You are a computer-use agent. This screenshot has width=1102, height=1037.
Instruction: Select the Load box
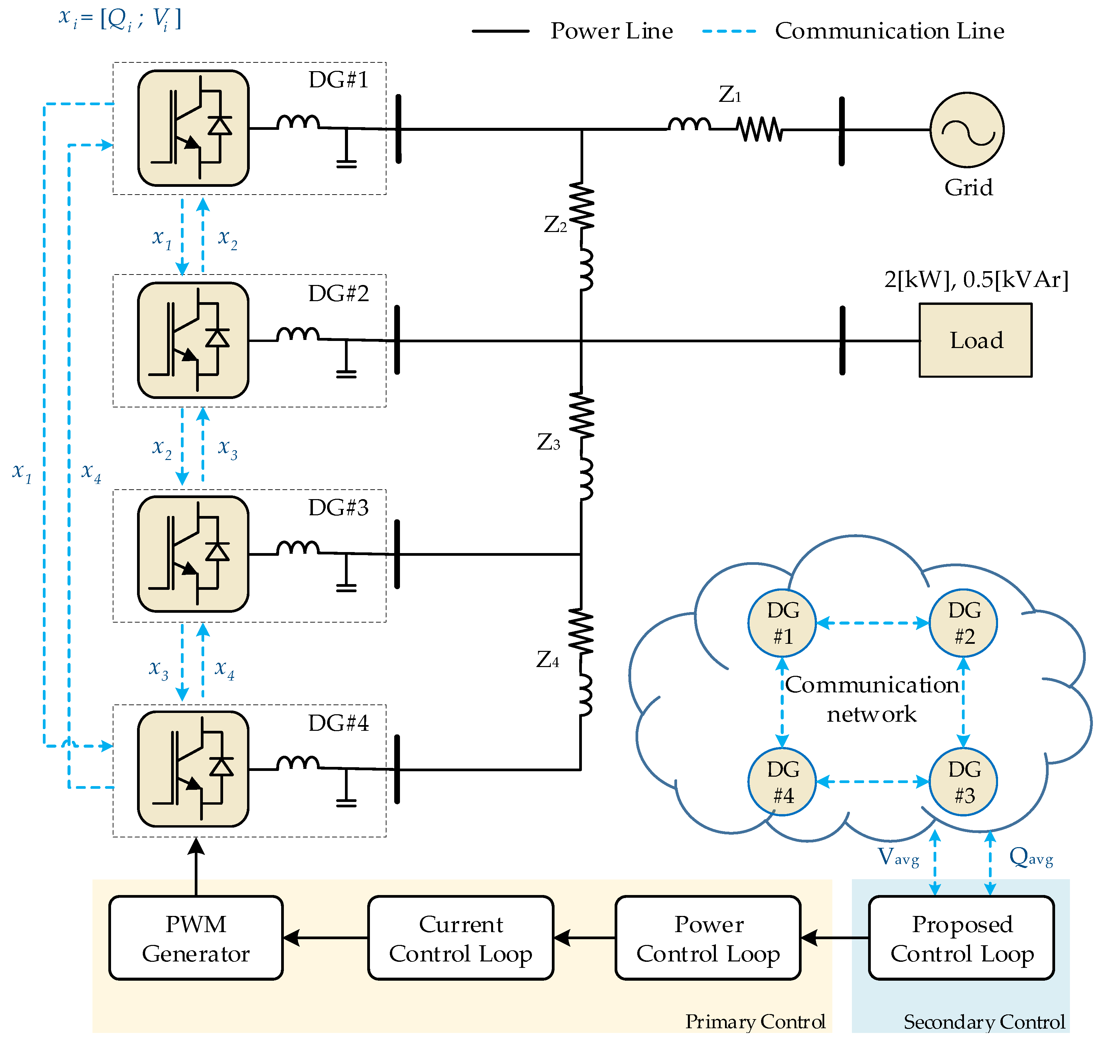pyautogui.click(x=976, y=340)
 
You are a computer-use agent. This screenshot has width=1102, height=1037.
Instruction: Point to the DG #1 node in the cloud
pyautogui.click(x=782, y=623)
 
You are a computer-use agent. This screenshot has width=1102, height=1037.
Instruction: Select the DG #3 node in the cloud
pyautogui.click(x=963, y=782)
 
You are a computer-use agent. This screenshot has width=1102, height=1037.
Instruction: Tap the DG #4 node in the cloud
pyautogui.click(x=782, y=782)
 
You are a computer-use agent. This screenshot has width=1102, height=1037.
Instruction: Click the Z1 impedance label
pyautogui.click(x=729, y=95)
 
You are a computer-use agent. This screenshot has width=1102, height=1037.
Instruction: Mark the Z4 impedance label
pyautogui.click(x=547, y=659)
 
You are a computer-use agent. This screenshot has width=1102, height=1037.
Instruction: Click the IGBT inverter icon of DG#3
pyautogui.click(x=193, y=554)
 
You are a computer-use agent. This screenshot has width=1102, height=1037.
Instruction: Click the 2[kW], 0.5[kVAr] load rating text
pyautogui.click(x=976, y=280)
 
